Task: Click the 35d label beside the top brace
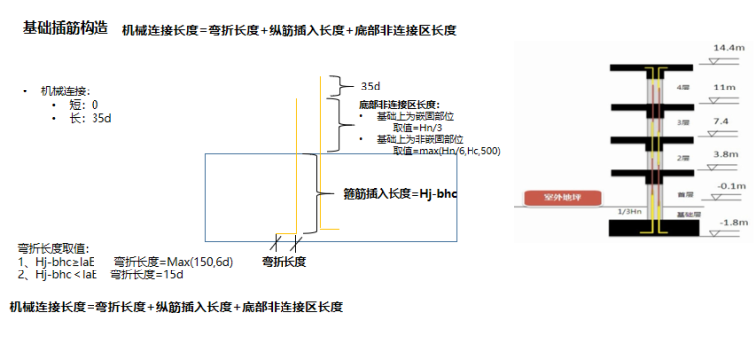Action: (x=371, y=87)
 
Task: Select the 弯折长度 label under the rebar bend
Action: (x=283, y=261)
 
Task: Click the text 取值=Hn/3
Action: (x=414, y=127)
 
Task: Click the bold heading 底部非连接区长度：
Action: (x=399, y=104)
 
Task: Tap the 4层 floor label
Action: (x=682, y=87)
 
